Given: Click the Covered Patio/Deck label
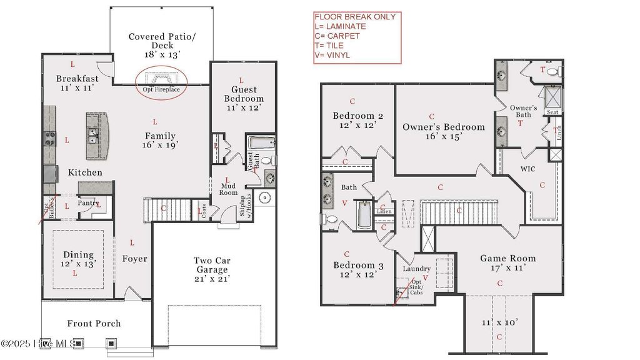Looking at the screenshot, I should [x=162, y=41].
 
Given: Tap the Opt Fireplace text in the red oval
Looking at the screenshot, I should [x=162, y=90].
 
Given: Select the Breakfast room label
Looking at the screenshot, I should [x=77, y=79].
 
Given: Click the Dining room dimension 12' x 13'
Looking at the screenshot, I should [x=78, y=264].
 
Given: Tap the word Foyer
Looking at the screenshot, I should [x=134, y=259].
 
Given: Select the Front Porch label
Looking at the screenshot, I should [x=94, y=323].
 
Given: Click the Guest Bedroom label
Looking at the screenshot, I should [x=244, y=94].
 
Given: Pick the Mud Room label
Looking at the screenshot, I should [x=227, y=189].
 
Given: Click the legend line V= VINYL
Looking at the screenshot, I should [x=332, y=55].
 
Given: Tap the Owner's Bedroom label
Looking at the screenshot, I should [x=443, y=127].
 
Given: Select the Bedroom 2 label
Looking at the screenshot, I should [x=358, y=116].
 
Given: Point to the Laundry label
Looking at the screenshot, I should [x=416, y=269].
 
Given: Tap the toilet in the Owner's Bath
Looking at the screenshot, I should [x=553, y=72].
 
